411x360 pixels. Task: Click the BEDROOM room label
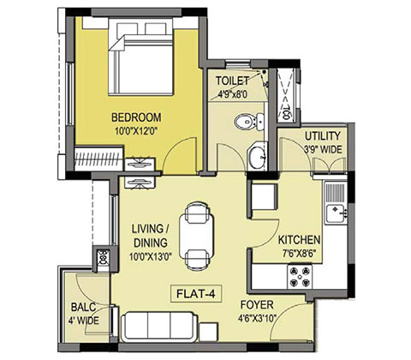(x=136, y=117)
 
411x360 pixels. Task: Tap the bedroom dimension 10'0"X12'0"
(x=136, y=131)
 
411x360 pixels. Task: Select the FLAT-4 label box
(x=196, y=294)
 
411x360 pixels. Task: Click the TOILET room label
(x=232, y=81)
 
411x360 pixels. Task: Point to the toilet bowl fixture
(x=249, y=122)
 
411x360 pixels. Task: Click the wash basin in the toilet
(x=257, y=158)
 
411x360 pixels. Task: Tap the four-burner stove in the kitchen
(x=300, y=277)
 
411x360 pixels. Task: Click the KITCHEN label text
(x=299, y=240)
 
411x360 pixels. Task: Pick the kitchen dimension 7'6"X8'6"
(x=299, y=254)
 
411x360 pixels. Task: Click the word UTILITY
(x=323, y=136)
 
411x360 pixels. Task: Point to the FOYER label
(x=257, y=305)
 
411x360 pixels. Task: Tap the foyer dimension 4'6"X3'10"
(x=258, y=318)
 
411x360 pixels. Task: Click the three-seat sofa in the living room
(x=159, y=327)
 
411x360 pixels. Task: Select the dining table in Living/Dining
(x=196, y=237)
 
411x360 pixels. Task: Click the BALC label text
(x=83, y=308)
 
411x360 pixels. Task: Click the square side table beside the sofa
(x=208, y=332)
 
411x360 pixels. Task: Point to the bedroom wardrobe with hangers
(x=98, y=159)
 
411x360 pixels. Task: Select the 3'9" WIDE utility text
(x=323, y=149)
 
